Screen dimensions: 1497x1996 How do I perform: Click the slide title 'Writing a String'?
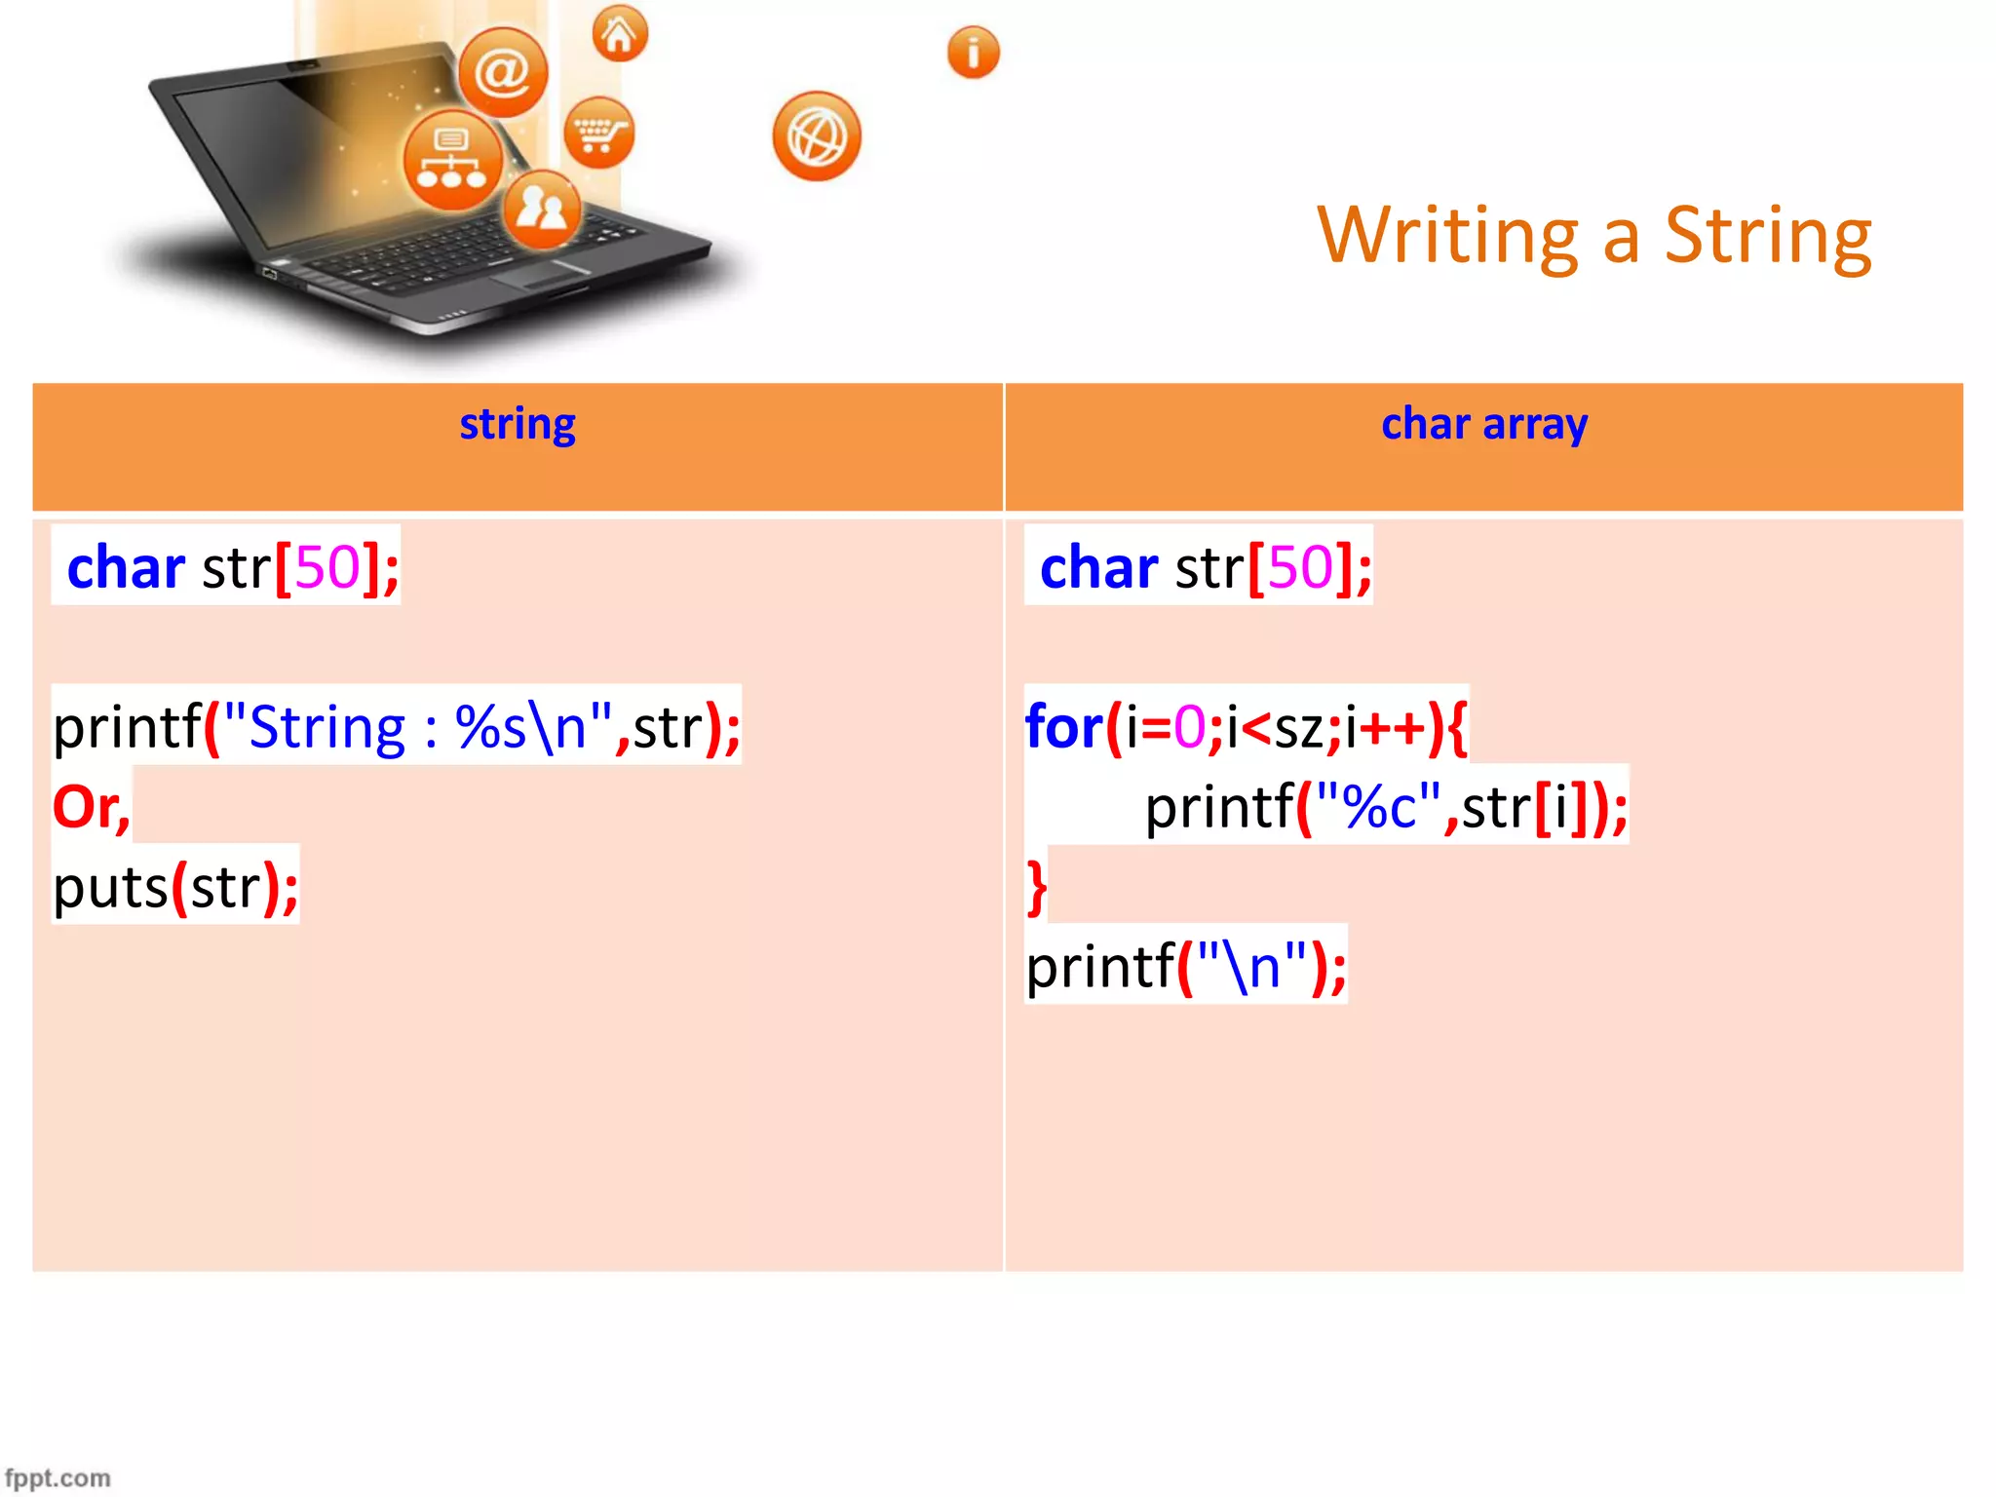[1593, 236]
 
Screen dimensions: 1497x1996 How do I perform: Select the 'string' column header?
[518, 425]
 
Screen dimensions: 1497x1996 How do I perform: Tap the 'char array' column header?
[1484, 425]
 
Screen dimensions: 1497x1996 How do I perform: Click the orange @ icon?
[503, 72]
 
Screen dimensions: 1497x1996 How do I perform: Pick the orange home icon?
[620, 34]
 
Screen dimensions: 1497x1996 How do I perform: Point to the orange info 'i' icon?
[973, 53]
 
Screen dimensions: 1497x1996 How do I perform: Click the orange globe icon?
[817, 136]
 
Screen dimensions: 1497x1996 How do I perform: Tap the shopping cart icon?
[598, 133]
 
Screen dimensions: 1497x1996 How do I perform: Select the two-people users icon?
[542, 209]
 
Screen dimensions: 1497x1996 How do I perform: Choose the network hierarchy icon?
[452, 160]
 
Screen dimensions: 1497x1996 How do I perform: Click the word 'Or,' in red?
[91, 807]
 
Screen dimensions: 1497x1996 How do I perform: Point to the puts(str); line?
[175, 887]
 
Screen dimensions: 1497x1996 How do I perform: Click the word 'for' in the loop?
[1063, 727]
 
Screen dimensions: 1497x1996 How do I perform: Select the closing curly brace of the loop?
[1037, 887]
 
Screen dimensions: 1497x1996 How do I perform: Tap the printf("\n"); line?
[1186, 967]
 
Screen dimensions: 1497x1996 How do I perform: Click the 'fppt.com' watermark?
[58, 1478]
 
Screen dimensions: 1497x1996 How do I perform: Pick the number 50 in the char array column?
[1300, 567]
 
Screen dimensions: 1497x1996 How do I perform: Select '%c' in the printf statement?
[1378, 807]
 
